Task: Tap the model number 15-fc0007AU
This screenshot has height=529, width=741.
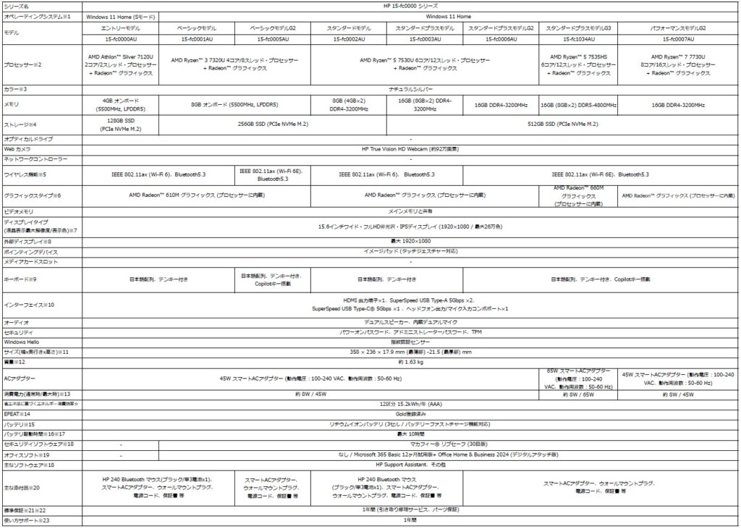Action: click(679, 38)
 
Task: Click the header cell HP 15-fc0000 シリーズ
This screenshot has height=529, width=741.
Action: click(410, 5)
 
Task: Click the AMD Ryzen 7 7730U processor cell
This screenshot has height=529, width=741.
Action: click(679, 64)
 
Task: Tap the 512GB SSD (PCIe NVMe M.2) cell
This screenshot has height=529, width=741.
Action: click(562, 124)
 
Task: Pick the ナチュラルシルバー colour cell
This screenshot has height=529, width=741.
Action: click(410, 88)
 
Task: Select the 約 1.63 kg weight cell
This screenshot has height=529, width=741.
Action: click(410, 360)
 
